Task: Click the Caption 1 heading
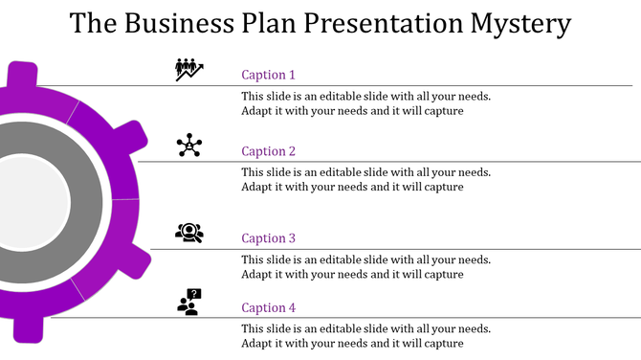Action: (x=269, y=75)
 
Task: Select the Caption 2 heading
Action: (x=269, y=151)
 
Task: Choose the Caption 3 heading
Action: (x=269, y=238)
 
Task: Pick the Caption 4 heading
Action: (x=269, y=307)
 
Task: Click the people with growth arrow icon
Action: (x=189, y=70)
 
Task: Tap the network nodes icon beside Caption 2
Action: (x=189, y=146)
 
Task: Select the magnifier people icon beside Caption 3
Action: (x=189, y=232)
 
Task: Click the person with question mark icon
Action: (x=189, y=302)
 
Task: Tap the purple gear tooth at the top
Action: (x=23, y=77)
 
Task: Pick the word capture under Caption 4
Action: (x=443, y=343)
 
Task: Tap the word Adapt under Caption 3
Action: (x=257, y=274)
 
